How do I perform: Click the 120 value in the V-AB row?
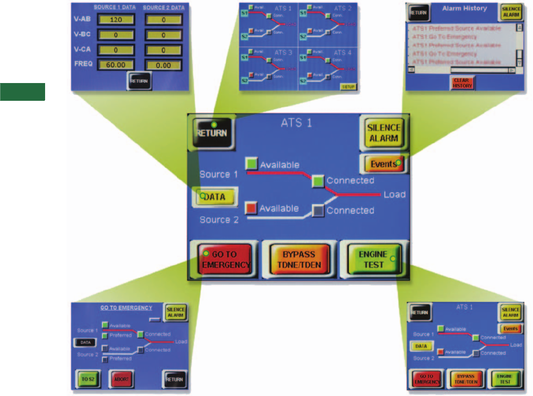tap(116, 20)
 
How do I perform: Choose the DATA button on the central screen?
tap(215, 197)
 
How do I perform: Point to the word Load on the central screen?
tap(394, 194)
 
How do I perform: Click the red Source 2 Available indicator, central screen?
tap(251, 208)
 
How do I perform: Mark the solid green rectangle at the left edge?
tap(23, 92)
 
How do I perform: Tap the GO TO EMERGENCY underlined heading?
tap(126, 308)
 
